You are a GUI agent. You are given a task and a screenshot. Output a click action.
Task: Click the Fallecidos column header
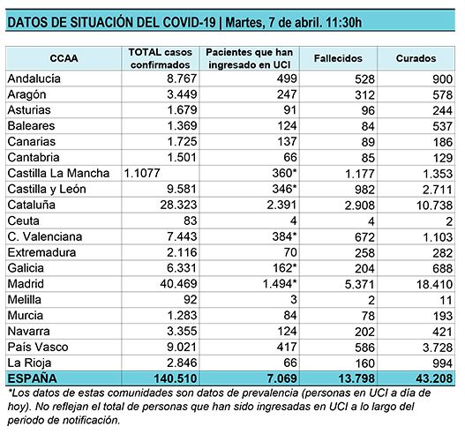338,58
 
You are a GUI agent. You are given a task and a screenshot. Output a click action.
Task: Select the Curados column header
416,58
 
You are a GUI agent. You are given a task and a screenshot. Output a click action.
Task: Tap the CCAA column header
64,58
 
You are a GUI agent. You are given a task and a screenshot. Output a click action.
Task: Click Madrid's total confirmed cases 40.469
178,284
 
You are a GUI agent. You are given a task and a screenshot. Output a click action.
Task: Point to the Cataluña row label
32,205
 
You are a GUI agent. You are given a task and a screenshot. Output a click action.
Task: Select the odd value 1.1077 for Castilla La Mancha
142,173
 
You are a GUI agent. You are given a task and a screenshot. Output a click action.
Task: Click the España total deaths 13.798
356,378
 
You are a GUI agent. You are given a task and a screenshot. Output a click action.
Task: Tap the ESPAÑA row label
32,378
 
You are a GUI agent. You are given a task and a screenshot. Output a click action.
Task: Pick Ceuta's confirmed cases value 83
190,221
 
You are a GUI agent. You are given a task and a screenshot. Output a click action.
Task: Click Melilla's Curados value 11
446,300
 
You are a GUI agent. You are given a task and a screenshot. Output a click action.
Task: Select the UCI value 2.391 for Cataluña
281,205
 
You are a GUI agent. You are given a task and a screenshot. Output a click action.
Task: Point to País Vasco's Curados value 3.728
438,348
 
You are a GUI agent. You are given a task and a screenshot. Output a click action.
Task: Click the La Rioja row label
29,363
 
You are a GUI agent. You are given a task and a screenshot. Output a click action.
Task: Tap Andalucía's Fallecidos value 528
364,79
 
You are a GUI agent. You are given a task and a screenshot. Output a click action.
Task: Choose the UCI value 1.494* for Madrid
280,284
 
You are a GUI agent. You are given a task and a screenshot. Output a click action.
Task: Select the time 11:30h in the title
344,23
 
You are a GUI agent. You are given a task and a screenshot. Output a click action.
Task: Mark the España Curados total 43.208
434,378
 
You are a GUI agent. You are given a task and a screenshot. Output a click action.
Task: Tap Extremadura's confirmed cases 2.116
182,252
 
